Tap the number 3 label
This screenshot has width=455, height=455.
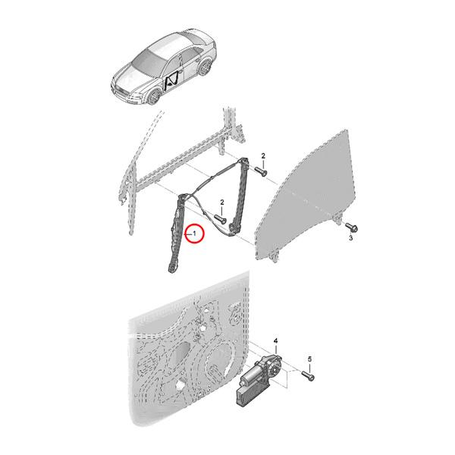(351, 239)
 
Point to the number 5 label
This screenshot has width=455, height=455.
(309, 359)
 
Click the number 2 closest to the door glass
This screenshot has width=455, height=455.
(263, 156)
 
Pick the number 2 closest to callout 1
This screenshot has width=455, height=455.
(221, 202)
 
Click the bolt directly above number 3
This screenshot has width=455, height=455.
(353, 226)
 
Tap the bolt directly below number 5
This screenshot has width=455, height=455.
(309, 374)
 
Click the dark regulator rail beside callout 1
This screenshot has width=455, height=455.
(177, 235)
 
